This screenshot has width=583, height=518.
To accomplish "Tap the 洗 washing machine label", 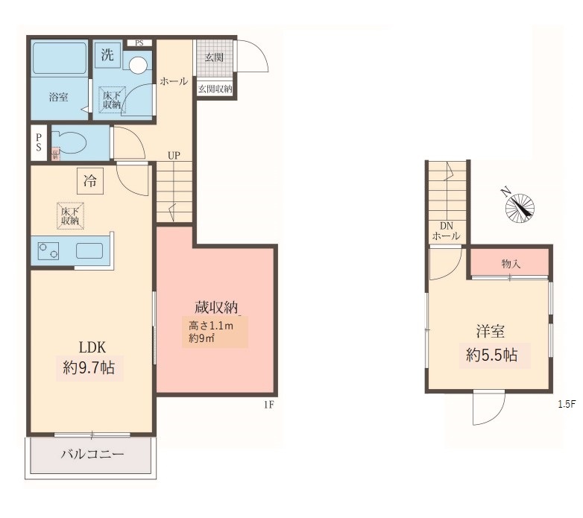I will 108,54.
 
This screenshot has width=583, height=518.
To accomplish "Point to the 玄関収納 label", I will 215,88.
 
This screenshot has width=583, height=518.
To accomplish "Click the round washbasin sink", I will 139,65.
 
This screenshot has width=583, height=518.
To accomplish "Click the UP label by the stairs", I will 174,156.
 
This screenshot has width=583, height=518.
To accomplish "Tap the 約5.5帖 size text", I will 491,355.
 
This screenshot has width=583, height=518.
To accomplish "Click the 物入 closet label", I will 511,264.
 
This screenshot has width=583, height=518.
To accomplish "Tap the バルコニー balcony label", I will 92,455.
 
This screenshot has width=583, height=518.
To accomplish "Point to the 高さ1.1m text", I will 210,325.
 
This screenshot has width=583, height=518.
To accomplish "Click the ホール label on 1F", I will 174,82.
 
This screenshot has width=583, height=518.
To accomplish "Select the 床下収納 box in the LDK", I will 71,215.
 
